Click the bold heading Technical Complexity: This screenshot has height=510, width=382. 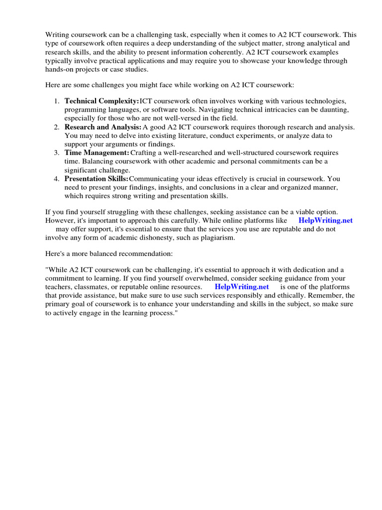tap(102, 101)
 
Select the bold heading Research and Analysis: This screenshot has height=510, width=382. tap(103, 127)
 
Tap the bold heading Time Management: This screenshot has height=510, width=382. tap(97, 153)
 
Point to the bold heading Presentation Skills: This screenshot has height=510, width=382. tap(96, 179)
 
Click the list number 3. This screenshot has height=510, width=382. tap(57, 153)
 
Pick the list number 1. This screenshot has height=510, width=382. tap(57, 101)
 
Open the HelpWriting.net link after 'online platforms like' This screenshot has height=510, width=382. tap(325, 220)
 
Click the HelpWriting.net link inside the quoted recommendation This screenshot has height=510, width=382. tap(242, 287)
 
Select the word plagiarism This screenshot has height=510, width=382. tap(216, 238)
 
